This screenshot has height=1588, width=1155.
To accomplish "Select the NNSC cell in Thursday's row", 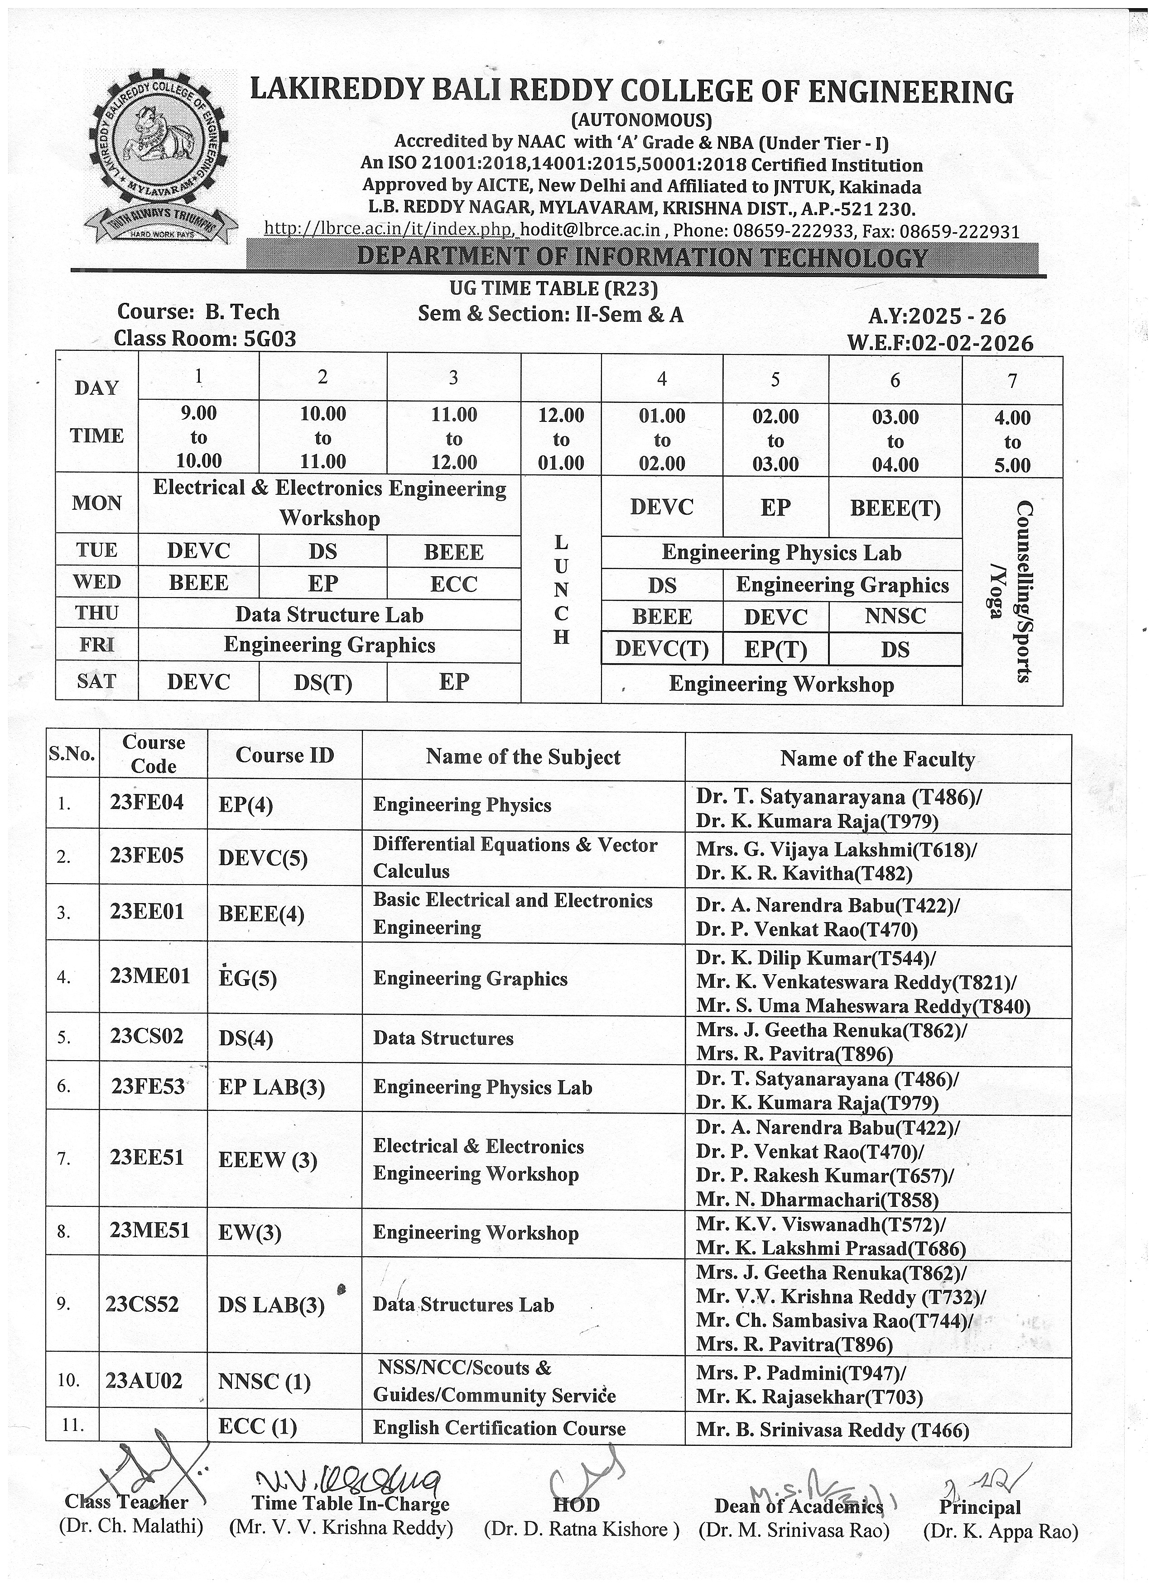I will pos(895,616).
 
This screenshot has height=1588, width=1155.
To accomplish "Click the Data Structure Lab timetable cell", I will pos(329,615).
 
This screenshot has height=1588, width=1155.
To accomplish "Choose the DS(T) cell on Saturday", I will pos(322,683).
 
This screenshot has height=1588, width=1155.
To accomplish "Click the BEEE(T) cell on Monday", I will pos(895,507).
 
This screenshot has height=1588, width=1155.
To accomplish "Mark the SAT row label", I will pos(96,681).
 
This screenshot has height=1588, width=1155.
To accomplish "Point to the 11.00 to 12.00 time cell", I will pos(453,438).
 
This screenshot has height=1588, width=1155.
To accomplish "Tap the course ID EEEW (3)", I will pos(268,1160).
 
